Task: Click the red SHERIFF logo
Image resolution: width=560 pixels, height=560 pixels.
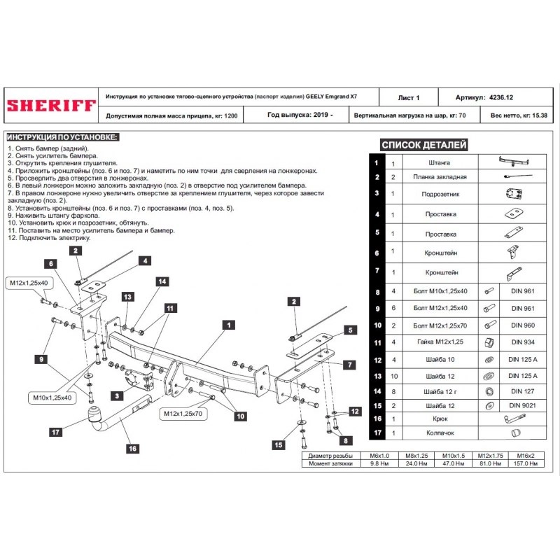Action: pos(51,106)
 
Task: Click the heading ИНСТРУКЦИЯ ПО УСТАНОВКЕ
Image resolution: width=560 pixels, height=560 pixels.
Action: pos(62,136)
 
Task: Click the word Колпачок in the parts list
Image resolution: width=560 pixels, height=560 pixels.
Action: pos(440,433)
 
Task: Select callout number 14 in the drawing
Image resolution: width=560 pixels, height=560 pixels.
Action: pos(162,281)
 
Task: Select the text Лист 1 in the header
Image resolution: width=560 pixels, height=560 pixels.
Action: pos(409,98)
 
